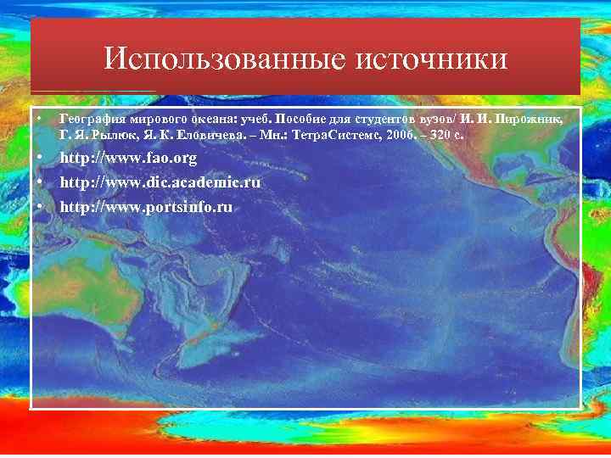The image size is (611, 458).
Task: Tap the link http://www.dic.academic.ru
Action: coord(160,182)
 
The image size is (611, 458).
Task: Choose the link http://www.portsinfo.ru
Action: coord(145,206)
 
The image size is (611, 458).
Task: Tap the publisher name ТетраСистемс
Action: coord(332,136)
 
